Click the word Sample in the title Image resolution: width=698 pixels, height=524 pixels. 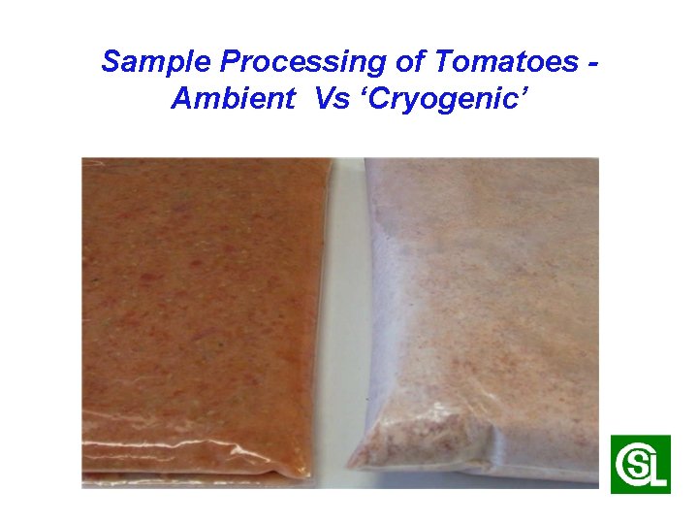(x=157, y=62)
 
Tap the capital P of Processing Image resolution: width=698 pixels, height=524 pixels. (x=231, y=62)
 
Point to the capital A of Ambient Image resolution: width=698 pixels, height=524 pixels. (x=181, y=99)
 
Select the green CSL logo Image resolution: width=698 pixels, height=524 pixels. (x=640, y=464)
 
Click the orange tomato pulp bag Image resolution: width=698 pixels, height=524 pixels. (x=204, y=311)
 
